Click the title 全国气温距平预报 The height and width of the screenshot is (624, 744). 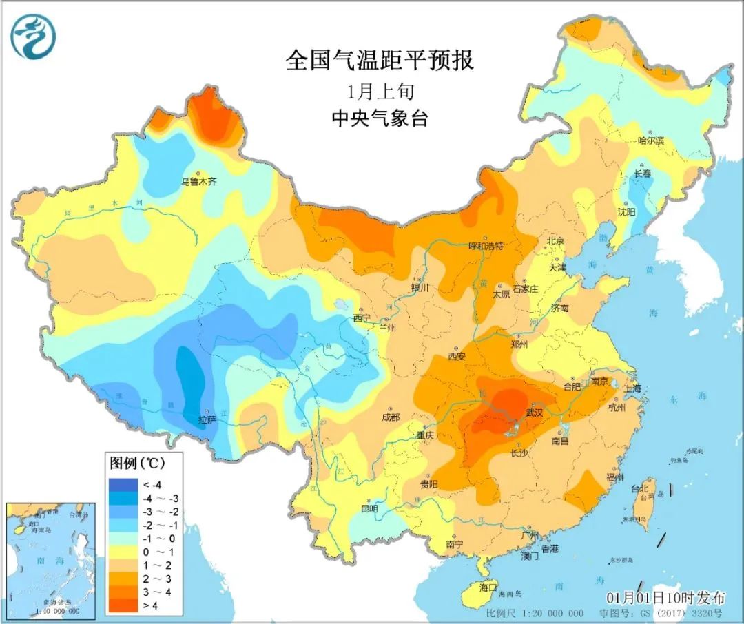pyautogui.click(x=380, y=61)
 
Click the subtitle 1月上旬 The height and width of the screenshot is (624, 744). pyautogui.click(x=380, y=91)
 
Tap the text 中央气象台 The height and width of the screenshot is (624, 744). pyautogui.click(x=380, y=118)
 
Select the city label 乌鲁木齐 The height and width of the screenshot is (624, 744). pyautogui.click(x=199, y=183)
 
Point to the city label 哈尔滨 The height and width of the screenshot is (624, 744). pyautogui.click(x=651, y=141)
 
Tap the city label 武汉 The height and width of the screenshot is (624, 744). pyautogui.click(x=535, y=413)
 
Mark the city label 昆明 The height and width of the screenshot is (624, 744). pyautogui.click(x=369, y=509)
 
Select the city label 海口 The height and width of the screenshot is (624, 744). pyautogui.click(x=488, y=587)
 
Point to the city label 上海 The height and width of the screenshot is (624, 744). pyautogui.click(x=632, y=388)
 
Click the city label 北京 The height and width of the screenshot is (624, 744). pyautogui.click(x=555, y=241)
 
